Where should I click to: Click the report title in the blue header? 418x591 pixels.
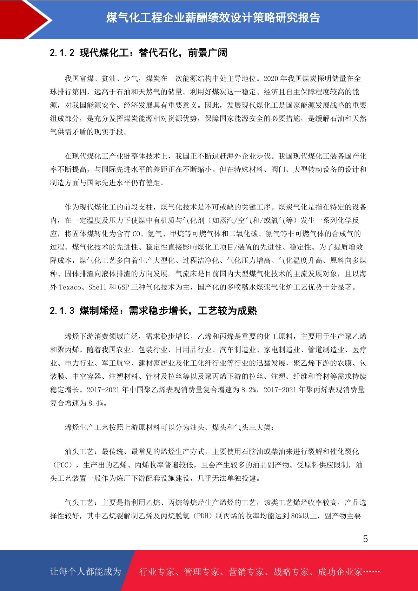[213, 18]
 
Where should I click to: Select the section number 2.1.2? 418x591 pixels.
[62, 53]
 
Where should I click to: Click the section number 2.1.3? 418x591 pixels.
[62, 311]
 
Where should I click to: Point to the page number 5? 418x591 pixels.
[365, 539]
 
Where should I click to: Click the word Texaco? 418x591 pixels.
[70, 287]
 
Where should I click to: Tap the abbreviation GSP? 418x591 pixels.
[123, 287]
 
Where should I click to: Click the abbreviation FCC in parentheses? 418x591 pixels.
[62, 465]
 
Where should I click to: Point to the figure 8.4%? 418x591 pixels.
[95, 403]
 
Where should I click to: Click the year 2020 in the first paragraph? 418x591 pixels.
[271, 79]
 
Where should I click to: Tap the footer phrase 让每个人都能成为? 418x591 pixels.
[86, 572]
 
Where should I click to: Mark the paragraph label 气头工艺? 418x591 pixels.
[79, 503]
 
